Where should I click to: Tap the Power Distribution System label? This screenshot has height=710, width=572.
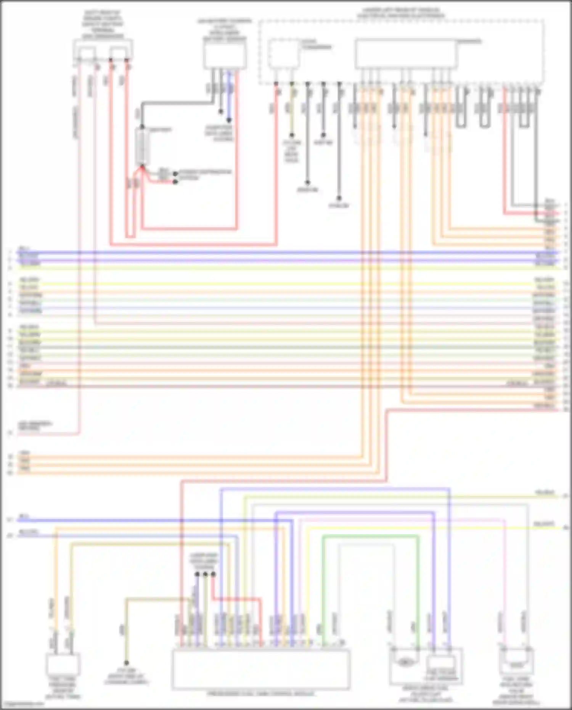point(205,175)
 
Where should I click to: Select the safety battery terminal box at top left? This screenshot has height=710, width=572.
point(103,50)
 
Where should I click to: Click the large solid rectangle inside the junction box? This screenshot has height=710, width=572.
point(406,53)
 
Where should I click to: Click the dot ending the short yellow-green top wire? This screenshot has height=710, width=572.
point(292,135)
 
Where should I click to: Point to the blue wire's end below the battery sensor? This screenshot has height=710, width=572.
point(228,119)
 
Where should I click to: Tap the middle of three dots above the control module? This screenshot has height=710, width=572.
point(205,574)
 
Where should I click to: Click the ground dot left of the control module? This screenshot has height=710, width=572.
point(126,663)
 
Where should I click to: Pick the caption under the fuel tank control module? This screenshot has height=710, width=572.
point(261,694)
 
